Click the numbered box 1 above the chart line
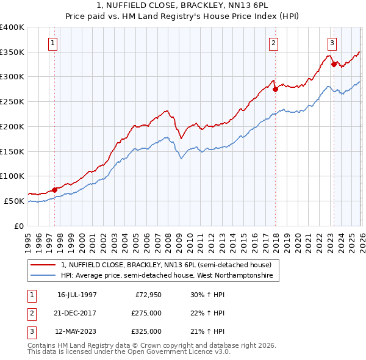point(54,43)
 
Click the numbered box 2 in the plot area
point(274,43)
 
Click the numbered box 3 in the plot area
point(332,43)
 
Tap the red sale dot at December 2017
point(275,89)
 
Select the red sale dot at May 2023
point(333,64)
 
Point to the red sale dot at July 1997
point(55,189)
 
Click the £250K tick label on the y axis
point(12,101)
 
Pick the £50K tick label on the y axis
point(14,201)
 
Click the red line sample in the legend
point(44,264)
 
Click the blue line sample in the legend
point(44,276)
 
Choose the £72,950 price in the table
point(148,295)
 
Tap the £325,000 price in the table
point(146,331)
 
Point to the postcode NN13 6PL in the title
point(194,5)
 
